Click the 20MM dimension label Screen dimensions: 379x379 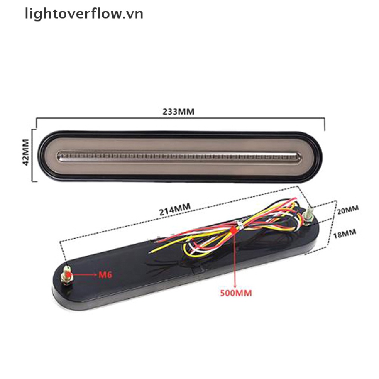(x=348, y=209)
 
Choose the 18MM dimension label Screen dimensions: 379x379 (x=345, y=233)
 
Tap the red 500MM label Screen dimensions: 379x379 (x=236, y=293)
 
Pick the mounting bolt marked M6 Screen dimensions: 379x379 (x=67, y=276)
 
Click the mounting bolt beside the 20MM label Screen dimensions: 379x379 (x=308, y=216)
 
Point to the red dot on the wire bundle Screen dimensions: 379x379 (x=234, y=231)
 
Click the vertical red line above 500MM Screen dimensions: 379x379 (x=235, y=259)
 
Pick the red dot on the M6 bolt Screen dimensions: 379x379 (x=68, y=275)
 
